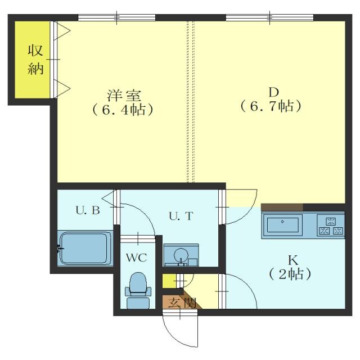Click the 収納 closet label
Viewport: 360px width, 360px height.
31,60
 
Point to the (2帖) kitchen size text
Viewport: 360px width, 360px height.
291,275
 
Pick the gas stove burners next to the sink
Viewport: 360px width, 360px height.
331,226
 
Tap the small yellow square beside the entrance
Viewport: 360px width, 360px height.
168,280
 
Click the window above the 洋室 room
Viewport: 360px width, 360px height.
116,17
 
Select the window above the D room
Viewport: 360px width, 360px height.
269,17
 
